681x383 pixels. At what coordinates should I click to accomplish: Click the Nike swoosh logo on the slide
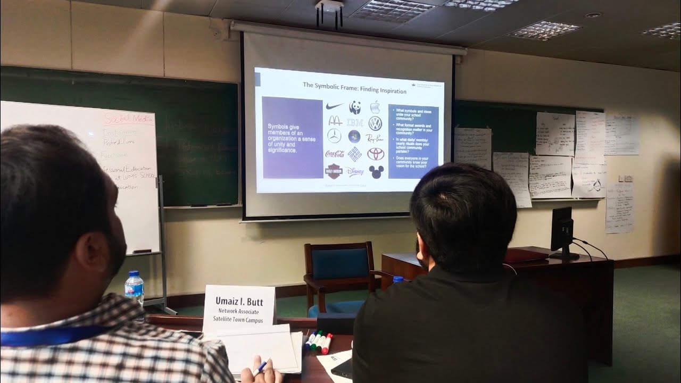pyautogui.click(x=335, y=106)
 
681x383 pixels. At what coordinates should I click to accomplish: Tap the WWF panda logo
pyautogui.click(x=355, y=107)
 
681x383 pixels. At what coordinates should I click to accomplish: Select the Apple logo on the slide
pyautogui.click(x=375, y=106)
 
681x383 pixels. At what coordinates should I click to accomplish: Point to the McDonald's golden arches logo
pyautogui.click(x=335, y=121)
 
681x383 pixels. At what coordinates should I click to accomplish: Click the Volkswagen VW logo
pyautogui.click(x=375, y=123)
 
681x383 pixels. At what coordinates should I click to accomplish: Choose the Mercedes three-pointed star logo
pyautogui.click(x=334, y=136)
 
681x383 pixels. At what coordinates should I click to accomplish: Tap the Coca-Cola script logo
pyautogui.click(x=335, y=154)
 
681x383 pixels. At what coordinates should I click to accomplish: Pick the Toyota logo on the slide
pyautogui.click(x=376, y=154)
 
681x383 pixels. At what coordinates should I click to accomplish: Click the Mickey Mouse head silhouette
pyautogui.click(x=376, y=171)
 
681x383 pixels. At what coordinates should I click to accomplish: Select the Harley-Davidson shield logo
pyautogui.click(x=334, y=171)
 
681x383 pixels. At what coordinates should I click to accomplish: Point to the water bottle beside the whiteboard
pyautogui.click(x=134, y=288)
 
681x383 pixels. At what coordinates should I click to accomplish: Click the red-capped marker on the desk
pyautogui.click(x=327, y=343)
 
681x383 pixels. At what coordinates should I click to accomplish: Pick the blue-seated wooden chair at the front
pyautogui.click(x=339, y=277)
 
